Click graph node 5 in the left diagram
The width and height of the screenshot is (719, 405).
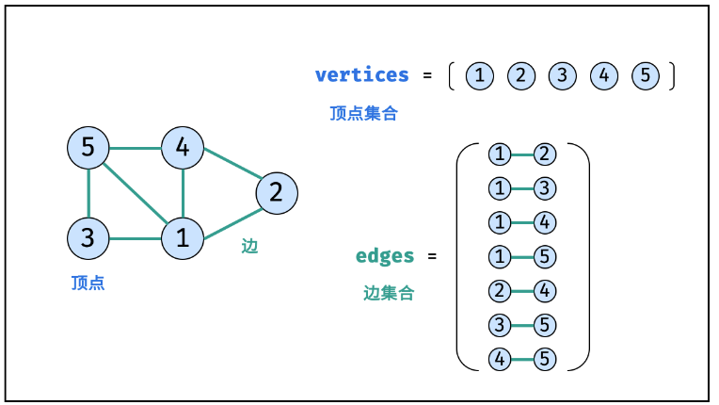(88, 148)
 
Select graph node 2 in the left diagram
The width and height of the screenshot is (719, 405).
(277, 193)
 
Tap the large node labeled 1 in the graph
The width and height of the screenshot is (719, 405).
(183, 238)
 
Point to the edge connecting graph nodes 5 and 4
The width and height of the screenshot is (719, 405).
(136, 148)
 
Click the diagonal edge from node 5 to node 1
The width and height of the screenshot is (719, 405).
(136, 193)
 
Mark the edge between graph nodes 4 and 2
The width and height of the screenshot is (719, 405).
(232, 163)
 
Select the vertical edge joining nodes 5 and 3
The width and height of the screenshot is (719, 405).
(88, 193)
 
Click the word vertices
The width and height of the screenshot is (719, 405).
(361, 74)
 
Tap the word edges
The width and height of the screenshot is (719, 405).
(385, 256)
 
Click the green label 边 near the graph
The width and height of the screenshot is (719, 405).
(250, 247)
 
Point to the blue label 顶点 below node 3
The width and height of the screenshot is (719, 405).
(88, 283)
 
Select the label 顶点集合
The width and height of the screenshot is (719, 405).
(363, 113)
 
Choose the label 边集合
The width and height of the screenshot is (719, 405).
(389, 293)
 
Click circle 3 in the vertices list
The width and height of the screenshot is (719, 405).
(563, 75)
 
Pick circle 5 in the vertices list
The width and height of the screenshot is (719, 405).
(646, 75)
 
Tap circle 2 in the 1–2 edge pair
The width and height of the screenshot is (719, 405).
(545, 154)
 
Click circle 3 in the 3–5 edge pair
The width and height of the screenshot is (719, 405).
(500, 325)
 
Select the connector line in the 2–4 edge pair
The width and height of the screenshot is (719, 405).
(522, 291)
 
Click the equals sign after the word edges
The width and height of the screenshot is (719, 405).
(432, 256)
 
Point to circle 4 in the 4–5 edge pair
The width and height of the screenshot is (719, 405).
(500, 359)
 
